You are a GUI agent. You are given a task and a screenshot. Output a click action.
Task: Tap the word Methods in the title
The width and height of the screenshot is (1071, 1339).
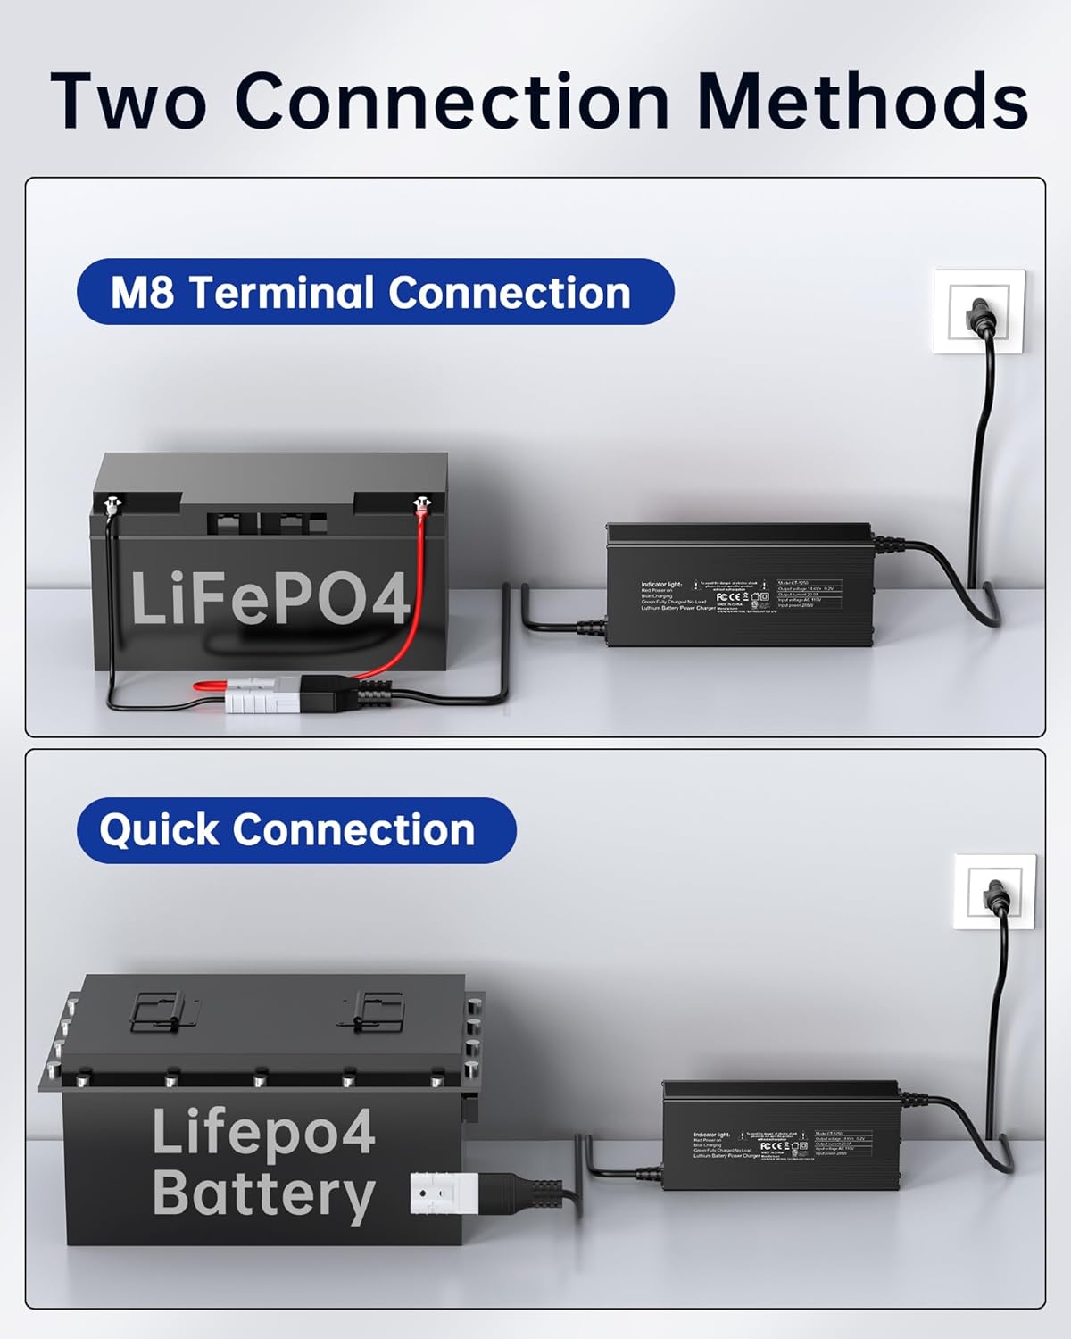[862, 100]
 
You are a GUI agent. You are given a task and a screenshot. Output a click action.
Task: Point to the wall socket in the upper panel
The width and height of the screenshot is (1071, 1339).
[978, 312]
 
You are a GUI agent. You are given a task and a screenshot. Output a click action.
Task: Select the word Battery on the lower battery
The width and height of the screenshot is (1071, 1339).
[263, 1194]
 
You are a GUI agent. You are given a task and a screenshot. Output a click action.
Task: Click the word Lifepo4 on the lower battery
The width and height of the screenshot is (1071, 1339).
[263, 1132]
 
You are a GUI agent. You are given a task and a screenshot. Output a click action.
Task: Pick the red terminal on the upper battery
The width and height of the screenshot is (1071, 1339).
[419, 506]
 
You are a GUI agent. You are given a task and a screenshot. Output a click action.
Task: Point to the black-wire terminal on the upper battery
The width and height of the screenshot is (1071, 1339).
[111, 506]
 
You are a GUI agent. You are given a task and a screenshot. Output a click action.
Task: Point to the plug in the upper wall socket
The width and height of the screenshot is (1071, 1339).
[980, 318]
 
